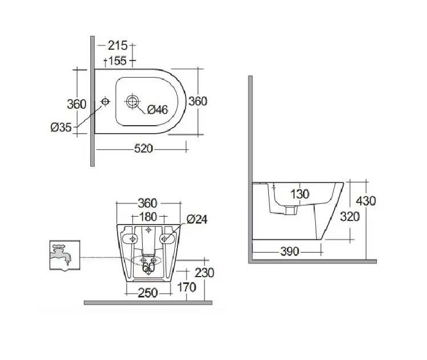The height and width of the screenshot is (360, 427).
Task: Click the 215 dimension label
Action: [x=118, y=46]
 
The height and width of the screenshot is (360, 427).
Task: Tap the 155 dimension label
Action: [x=118, y=61]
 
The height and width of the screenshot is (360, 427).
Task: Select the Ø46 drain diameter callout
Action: [x=158, y=110]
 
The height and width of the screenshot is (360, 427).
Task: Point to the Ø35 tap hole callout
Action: [x=61, y=127]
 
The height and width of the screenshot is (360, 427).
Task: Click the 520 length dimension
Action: [x=143, y=149]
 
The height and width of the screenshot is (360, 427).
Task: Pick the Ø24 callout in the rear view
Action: [x=197, y=219]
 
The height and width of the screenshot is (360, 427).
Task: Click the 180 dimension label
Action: [x=148, y=217]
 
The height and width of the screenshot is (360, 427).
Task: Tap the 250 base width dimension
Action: [x=148, y=293]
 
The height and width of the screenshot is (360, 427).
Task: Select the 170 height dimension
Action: [x=187, y=287]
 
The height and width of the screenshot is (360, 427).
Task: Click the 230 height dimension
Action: [x=204, y=273]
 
